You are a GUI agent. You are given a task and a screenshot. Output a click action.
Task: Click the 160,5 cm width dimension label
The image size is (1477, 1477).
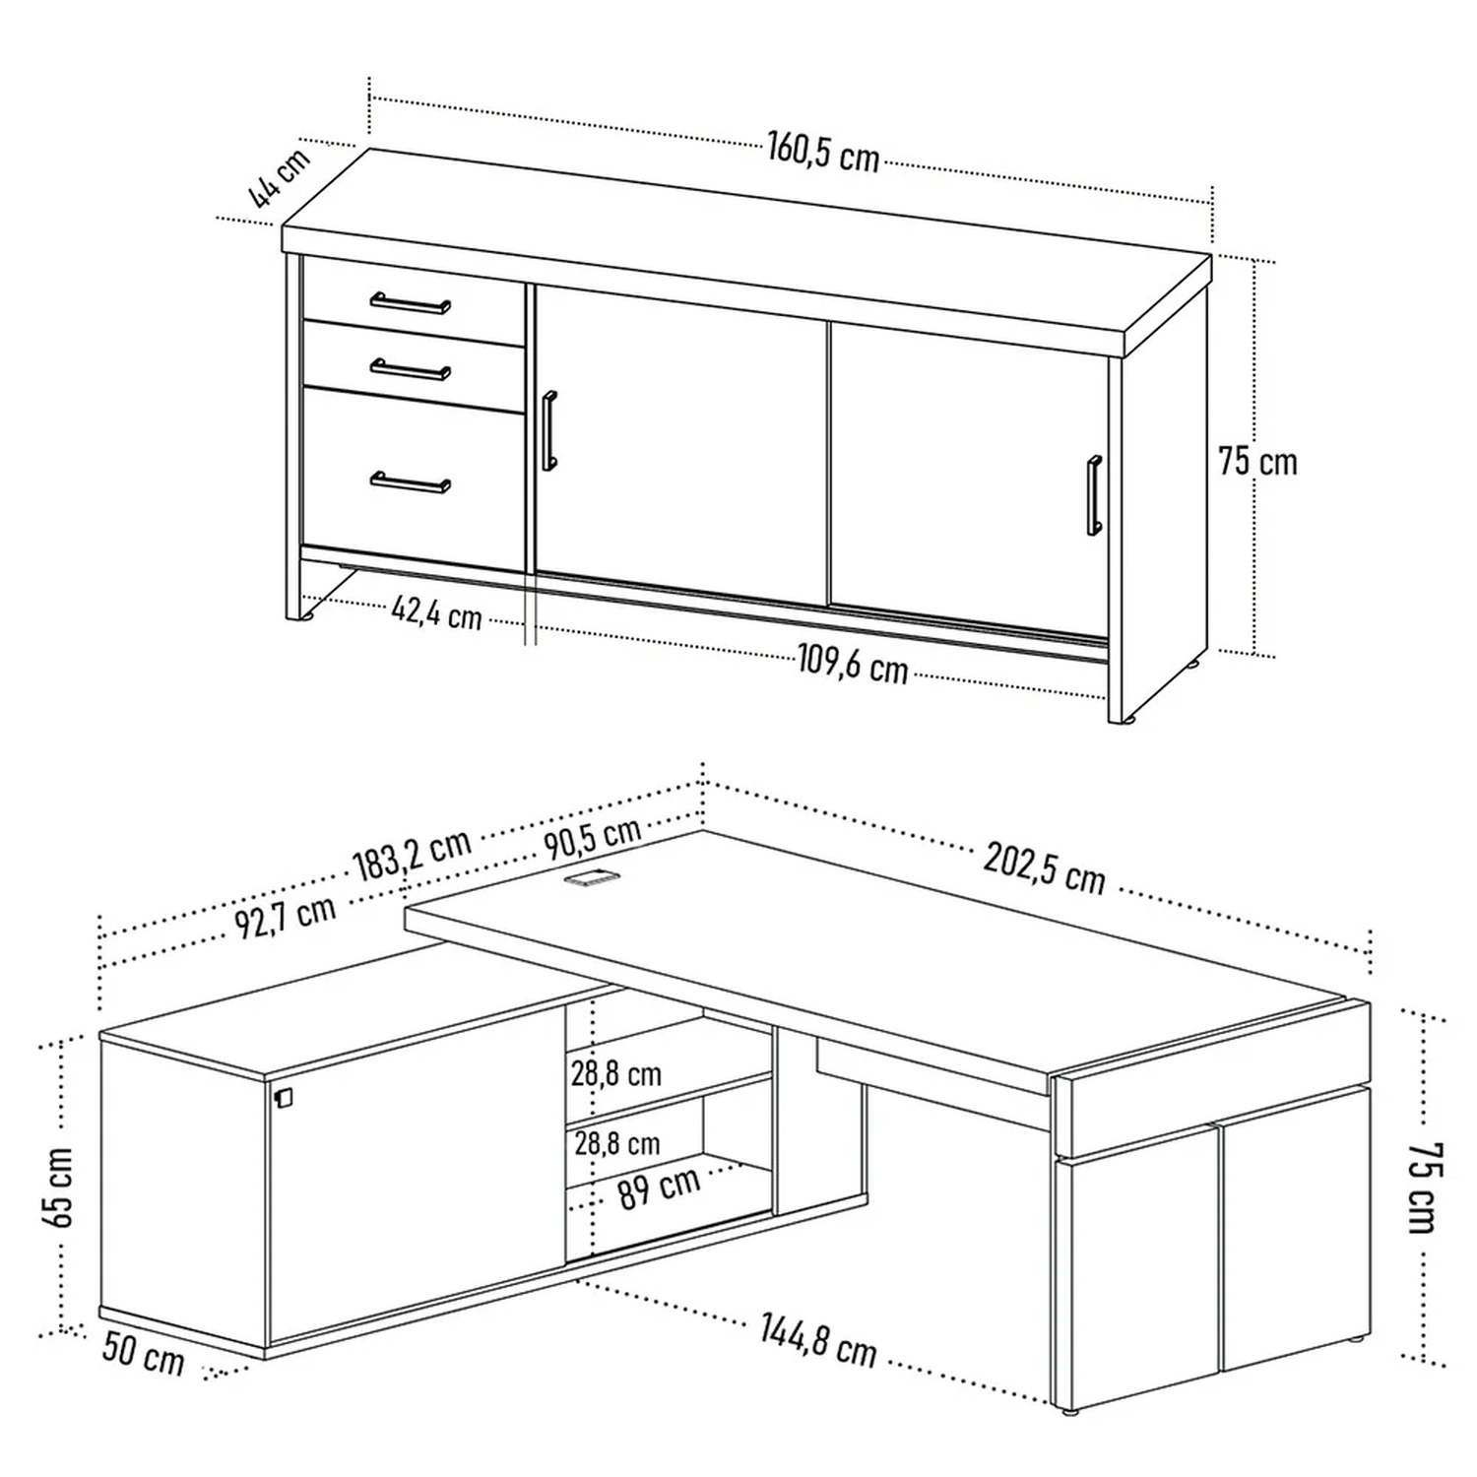823,153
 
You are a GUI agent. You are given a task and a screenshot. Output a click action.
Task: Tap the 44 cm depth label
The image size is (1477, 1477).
279,177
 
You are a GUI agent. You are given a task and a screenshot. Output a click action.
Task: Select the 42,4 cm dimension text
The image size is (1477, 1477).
436,612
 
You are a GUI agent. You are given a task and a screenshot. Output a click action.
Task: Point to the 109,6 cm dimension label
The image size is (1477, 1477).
852,664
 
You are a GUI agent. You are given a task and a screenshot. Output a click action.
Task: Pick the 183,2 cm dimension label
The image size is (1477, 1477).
413,854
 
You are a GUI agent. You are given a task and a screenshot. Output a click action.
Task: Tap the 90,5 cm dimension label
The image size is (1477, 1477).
592,837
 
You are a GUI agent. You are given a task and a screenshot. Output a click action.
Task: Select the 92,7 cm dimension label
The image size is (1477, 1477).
286,918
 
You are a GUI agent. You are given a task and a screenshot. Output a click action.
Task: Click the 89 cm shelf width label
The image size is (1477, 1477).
659,1187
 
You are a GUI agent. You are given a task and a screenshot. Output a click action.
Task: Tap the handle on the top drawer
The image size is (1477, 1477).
411,302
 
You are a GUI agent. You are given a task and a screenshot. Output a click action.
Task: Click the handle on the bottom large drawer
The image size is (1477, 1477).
411,482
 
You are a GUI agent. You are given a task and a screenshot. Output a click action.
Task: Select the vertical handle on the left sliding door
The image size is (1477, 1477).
549,430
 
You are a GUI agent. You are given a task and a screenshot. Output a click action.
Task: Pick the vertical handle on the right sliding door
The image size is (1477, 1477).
1094,495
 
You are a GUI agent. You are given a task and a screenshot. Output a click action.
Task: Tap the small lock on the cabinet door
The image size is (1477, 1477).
284,1099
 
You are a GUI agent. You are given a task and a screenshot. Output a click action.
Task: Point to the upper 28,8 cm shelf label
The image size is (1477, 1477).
616,1073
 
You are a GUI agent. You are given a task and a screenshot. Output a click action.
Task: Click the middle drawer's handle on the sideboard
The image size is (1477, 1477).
411,369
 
